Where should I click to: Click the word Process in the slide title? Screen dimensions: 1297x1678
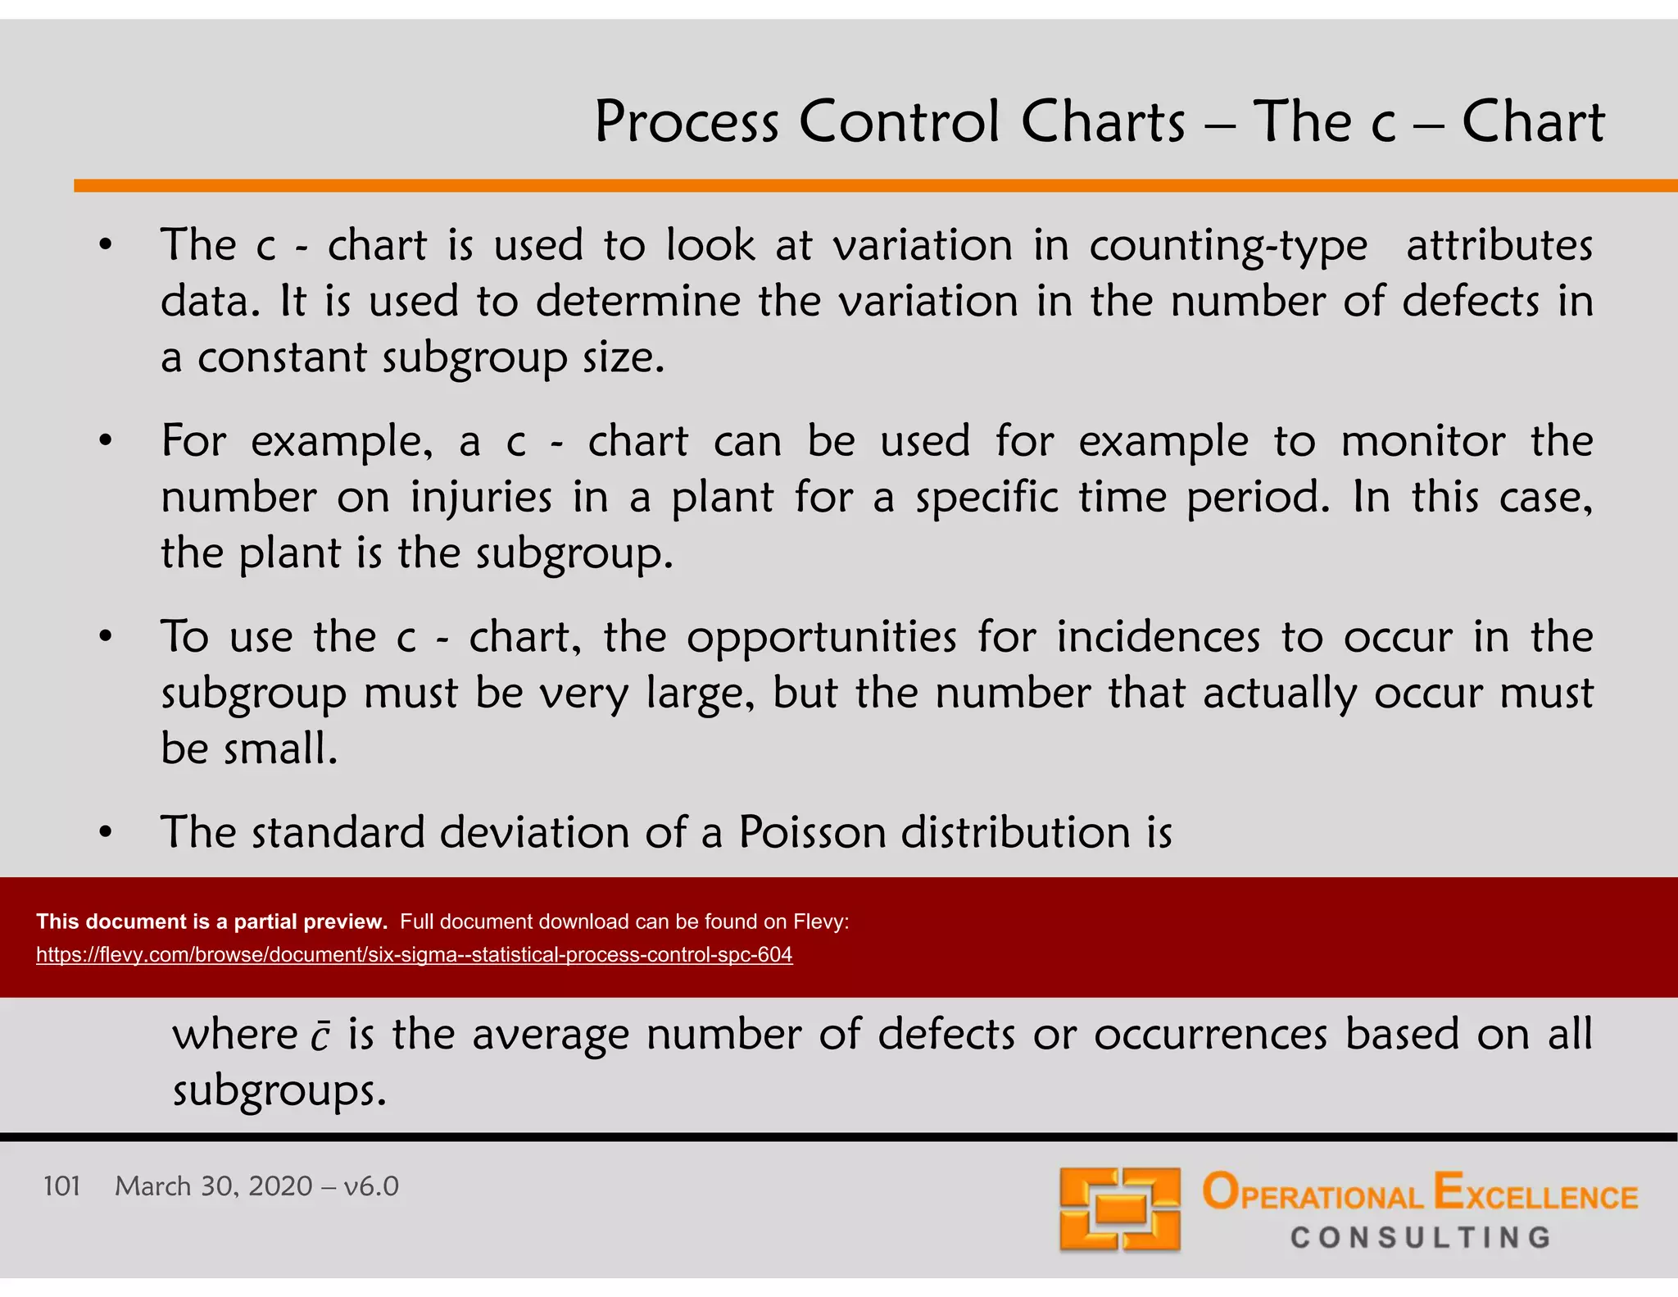point(686,123)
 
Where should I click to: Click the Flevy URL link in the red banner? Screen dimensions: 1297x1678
point(414,955)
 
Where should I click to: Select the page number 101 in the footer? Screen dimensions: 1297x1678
point(61,1186)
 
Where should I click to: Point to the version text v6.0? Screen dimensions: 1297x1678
point(371,1186)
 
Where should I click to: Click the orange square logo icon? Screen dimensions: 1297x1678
point(1119,1209)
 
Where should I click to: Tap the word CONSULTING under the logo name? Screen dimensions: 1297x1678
point(1420,1237)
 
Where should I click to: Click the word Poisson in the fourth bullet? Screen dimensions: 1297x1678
point(811,833)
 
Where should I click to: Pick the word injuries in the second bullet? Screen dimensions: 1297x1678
point(481,498)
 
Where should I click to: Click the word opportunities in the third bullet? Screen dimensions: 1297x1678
point(821,638)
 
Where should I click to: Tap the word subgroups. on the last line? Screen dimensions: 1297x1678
point(279,1091)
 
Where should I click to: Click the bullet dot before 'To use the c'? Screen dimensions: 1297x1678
point(105,637)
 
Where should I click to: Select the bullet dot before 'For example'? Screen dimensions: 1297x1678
point(105,441)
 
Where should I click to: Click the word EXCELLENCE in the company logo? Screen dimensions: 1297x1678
point(1535,1194)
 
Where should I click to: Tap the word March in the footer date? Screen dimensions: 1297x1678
point(152,1186)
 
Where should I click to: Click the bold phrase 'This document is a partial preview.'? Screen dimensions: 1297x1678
point(211,922)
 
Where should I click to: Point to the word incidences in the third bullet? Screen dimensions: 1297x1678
point(1158,638)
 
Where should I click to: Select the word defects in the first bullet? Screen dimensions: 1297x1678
point(1471,302)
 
